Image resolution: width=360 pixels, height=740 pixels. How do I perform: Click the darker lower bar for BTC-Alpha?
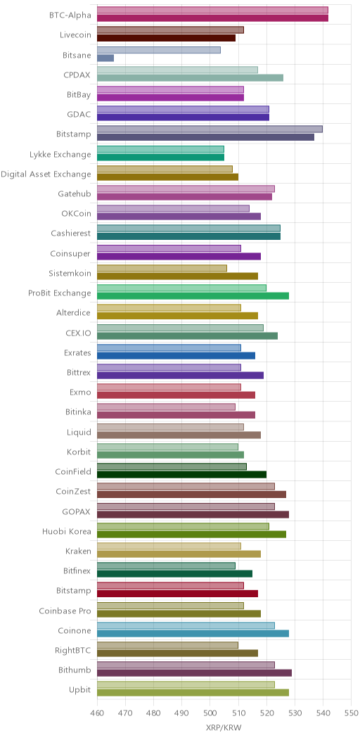tap(213, 18)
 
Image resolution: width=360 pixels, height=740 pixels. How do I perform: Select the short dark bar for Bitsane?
tap(105, 58)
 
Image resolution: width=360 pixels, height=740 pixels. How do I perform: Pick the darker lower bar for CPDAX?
tap(190, 78)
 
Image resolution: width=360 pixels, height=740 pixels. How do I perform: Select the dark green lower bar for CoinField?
tap(181, 475)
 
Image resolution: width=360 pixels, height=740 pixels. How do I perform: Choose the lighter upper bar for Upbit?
tap(186, 685)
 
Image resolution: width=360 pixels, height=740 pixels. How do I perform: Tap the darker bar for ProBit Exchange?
tap(193, 296)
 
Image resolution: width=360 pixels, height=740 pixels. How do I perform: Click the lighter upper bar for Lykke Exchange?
tap(160, 149)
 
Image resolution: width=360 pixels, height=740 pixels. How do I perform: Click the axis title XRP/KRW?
tap(224, 728)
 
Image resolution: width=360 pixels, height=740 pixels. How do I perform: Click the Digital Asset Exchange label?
tap(46, 174)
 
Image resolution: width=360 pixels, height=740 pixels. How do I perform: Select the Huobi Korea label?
tap(67, 532)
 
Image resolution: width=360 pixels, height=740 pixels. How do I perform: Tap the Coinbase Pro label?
tap(65, 611)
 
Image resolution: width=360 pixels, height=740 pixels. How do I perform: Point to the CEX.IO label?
tap(78, 333)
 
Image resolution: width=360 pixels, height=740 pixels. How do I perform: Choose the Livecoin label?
tap(75, 35)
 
